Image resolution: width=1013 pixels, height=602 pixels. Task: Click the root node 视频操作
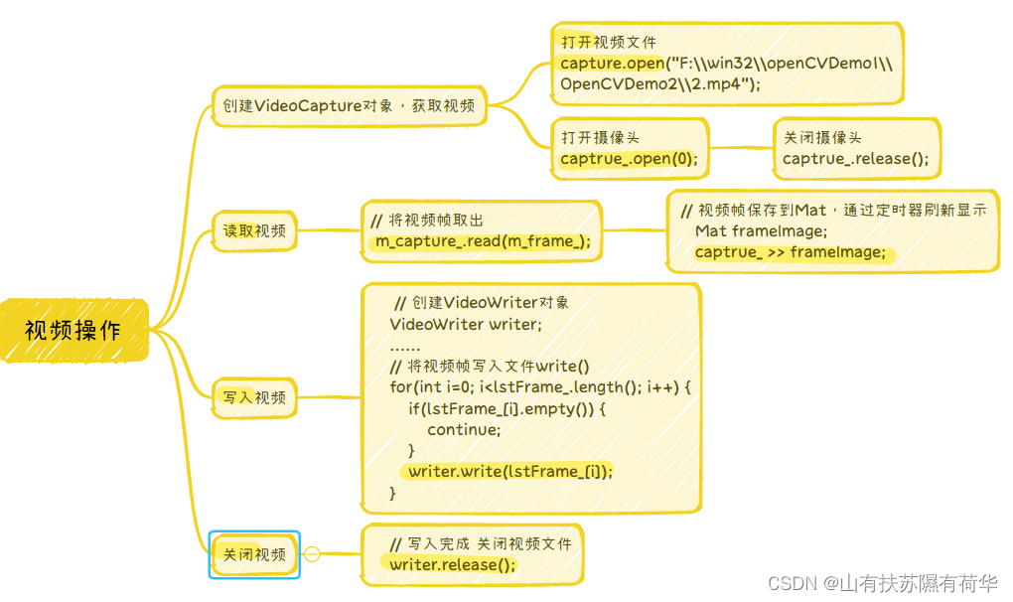pyautogui.click(x=73, y=330)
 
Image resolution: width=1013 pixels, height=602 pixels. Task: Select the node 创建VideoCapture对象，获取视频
pyautogui.click(x=349, y=106)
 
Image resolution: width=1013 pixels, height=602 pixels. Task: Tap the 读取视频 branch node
pyautogui.click(x=254, y=231)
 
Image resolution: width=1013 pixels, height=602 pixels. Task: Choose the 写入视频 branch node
pyautogui.click(x=254, y=397)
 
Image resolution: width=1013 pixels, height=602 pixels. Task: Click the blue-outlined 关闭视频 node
pyautogui.click(x=254, y=554)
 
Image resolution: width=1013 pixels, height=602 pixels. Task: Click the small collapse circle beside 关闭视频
pyautogui.click(x=312, y=554)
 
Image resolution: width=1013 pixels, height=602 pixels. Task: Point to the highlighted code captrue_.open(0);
pyautogui.click(x=629, y=159)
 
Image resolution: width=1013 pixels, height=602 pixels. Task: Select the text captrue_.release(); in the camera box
pyautogui.click(x=855, y=159)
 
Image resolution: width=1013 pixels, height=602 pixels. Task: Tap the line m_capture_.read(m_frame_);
pyautogui.click(x=483, y=241)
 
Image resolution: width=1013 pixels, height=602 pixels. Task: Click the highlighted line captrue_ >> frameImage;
pyautogui.click(x=790, y=252)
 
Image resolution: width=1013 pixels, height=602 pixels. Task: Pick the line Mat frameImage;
pyautogui.click(x=761, y=231)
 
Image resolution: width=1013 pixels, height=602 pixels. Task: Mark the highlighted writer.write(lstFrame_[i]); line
pyautogui.click(x=510, y=471)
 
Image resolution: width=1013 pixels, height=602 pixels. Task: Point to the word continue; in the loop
pyautogui.click(x=464, y=429)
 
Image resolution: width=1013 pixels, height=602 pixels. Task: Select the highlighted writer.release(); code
pyautogui.click(x=453, y=565)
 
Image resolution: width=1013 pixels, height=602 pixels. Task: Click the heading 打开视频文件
pyautogui.click(x=609, y=44)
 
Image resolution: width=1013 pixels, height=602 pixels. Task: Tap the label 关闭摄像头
pyautogui.click(x=822, y=138)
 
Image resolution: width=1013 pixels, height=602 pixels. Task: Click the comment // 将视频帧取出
pyautogui.click(x=426, y=221)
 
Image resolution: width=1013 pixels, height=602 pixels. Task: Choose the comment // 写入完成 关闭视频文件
pyautogui.click(x=481, y=544)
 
